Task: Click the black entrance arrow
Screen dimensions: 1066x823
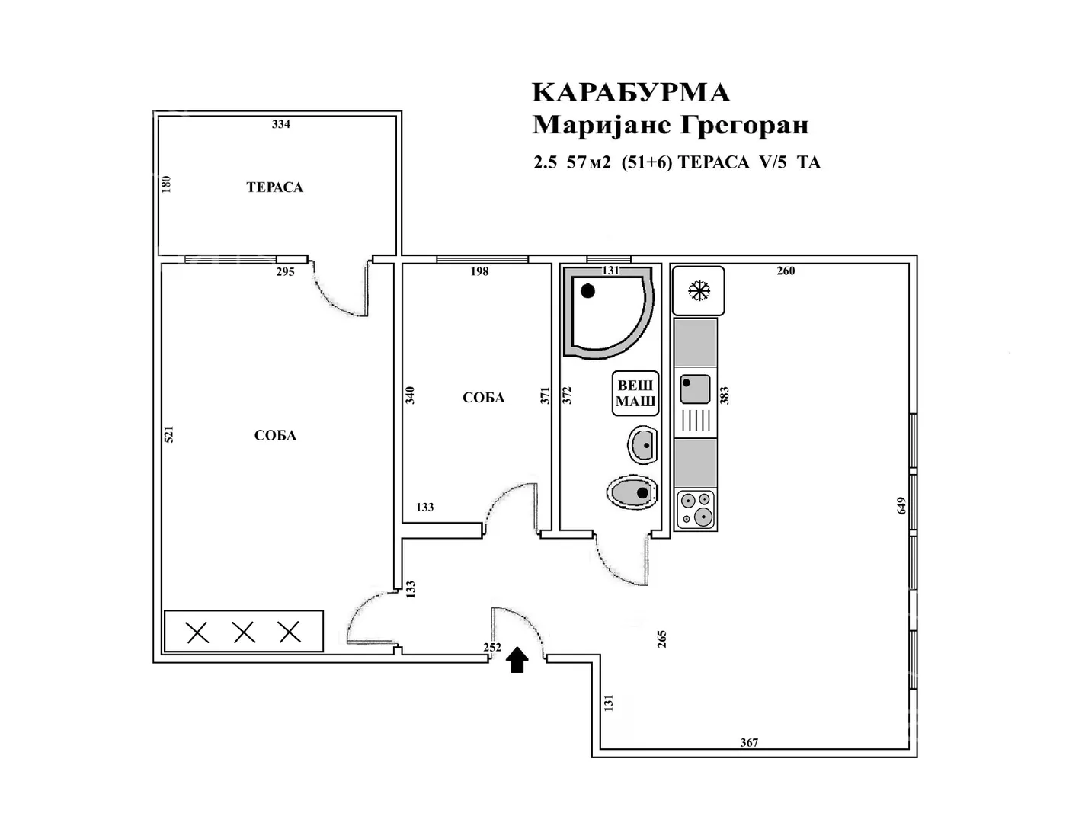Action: pyautogui.click(x=517, y=660)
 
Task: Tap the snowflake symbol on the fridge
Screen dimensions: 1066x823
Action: pyautogui.click(x=699, y=291)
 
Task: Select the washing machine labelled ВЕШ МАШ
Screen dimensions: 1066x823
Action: pyautogui.click(x=635, y=393)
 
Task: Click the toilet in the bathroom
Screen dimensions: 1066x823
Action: pyautogui.click(x=632, y=492)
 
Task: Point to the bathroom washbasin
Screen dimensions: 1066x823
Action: pyautogui.click(x=642, y=445)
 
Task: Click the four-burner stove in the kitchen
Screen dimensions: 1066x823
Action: pyautogui.click(x=696, y=510)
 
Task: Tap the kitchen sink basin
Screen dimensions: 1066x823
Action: pyautogui.click(x=695, y=389)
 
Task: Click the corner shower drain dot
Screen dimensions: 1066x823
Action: pyautogui.click(x=587, y=291)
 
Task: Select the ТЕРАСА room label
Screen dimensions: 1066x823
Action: pyautogui.click(x=275, y=187)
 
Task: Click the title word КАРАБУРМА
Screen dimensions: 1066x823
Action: pyautogui.click(x=632, y=92)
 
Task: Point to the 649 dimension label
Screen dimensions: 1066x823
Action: pyautogui.click(x=901, y=506)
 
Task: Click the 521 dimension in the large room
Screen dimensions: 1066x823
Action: pyautogui.click(x=168, y=434)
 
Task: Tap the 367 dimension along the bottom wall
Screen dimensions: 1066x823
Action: pyautogui.click(x=749, y=742)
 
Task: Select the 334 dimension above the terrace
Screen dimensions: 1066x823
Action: pyautogui.click(x=281, y=124)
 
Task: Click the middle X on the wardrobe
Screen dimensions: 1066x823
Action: pyautogui.click(x=244, y=632)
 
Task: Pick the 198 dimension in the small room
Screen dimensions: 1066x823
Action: pyautogui.click(x=479, y=271)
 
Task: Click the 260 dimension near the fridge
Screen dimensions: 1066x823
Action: pyautogui.click(x=786, y=271)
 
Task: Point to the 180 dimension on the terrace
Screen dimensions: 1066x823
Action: pyautogui.click(x=166, y=184)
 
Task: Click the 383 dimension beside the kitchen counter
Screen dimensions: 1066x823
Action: pyautogui.click(x=724, y=395)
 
